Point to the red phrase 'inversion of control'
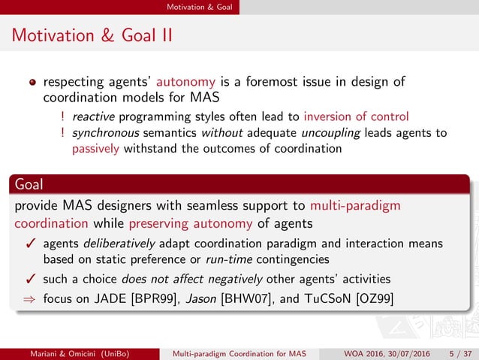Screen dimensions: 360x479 coord(357,116)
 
